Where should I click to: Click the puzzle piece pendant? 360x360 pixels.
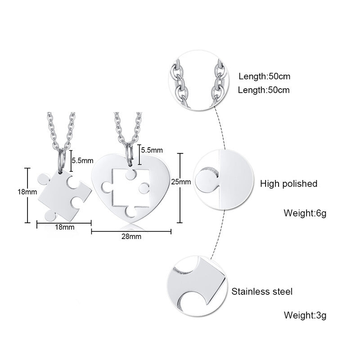coord(63,193)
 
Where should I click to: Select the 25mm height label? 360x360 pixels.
coord(181,182)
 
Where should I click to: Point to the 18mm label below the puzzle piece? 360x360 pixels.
coord(64,227)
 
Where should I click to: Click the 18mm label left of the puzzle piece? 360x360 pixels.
coord(27,192)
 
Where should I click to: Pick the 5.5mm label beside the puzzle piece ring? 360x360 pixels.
coord(83,160)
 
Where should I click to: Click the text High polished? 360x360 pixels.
coord(288,184)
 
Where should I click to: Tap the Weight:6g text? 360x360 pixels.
coord(305,212)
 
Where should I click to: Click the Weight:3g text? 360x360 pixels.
coord(305,315)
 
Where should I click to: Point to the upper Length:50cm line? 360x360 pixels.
coord(264,76)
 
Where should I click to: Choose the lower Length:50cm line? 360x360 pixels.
coord(264,90)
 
